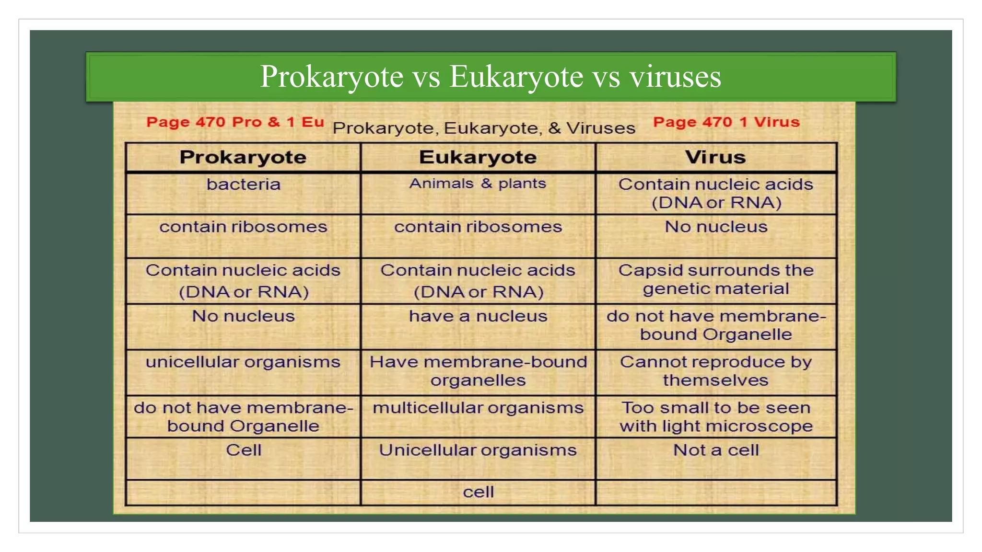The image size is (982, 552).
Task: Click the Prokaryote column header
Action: click(243, 158)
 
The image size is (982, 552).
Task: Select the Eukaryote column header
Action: click(478, 158)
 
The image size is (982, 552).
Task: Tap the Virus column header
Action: click(715, 158)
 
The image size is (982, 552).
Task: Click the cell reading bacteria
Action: click(243, 184)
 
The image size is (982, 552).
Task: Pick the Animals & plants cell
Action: click(478, 184)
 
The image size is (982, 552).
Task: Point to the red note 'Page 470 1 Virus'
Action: click(726, 122)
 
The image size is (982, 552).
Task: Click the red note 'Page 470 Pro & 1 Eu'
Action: click(235, 122)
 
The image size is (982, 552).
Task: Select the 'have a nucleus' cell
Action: click(478, 316)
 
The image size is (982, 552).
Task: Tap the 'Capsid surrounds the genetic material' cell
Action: click(715, 279)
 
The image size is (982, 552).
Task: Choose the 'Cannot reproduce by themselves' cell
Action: click(715, 371)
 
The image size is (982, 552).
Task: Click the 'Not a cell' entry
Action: click(715, 450)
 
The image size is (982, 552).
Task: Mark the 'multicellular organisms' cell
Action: click(478, 408)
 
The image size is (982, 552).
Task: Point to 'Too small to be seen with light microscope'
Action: click(715, 417)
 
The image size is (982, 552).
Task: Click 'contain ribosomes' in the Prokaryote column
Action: click(243, 227)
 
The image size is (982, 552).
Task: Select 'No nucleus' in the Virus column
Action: click(715, 227)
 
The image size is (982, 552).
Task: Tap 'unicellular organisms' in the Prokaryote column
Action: click(243, 362)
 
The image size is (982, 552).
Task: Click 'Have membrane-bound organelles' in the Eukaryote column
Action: click(478, 371)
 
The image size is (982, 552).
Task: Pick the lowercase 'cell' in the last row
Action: click(478, 492)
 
